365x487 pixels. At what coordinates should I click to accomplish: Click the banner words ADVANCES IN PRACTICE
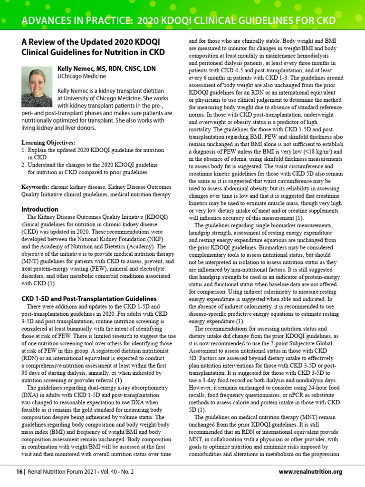[x=77, y=21]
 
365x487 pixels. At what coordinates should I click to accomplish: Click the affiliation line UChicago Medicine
[x=81, y=77]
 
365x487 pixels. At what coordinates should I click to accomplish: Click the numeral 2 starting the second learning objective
[x=24, y=164]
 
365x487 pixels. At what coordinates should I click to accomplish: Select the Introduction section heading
[x=40, y=209]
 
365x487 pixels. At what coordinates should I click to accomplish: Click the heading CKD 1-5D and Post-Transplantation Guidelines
[x=82, y=298]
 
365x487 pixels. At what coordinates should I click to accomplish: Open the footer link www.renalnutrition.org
[x=310, y=472]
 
